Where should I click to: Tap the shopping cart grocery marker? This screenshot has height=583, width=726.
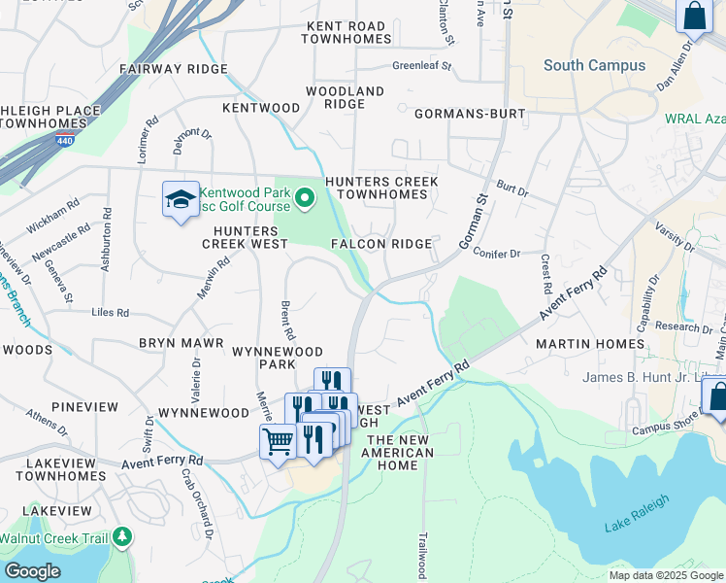pos(279,443)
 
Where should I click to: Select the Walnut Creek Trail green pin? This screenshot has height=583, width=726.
pos(121,536)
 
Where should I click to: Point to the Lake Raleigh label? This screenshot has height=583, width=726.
pos(631,527)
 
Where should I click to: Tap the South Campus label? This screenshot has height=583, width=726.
pos(594,65)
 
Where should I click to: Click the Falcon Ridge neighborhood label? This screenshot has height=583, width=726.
pos(381,244)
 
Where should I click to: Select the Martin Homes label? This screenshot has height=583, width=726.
pos(589,344)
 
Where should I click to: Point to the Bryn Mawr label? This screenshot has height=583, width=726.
pos(181,344)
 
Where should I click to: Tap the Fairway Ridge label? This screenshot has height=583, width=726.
pos(173,69)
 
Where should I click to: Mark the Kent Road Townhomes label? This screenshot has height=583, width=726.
pos(346,33)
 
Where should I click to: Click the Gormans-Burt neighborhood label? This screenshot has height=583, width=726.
pos(470,114)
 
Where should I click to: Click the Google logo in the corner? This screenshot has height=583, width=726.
pos(32,571)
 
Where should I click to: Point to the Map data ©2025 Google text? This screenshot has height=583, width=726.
pos(665,575)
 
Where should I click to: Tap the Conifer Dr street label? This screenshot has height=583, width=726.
pos(496,254)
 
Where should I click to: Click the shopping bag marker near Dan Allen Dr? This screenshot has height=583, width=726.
pos(694,16)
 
